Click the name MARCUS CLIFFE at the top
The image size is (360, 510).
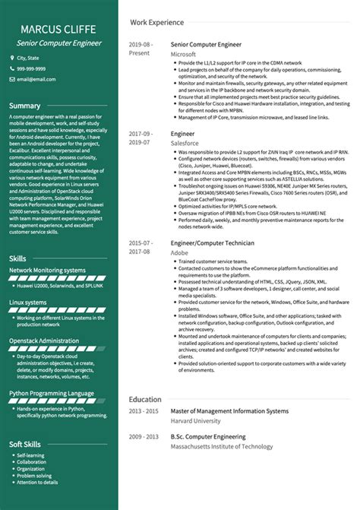point(59,30)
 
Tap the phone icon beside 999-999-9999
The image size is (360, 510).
point(12,68)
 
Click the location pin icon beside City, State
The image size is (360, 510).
point(12,58)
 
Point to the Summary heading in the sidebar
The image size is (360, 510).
point(25,106)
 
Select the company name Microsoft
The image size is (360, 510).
point(183,55)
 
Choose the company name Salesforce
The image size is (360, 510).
point(185,142)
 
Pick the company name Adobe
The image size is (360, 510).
point(180,251)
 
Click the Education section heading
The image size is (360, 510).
point(144,399)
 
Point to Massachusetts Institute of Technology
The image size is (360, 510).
point(221,447)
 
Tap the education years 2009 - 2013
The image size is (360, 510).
point(143,437)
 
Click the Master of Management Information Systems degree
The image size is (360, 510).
point(229,411)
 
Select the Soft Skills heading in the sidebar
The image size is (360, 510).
point(26,444)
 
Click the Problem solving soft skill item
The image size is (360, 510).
point(35,475)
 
